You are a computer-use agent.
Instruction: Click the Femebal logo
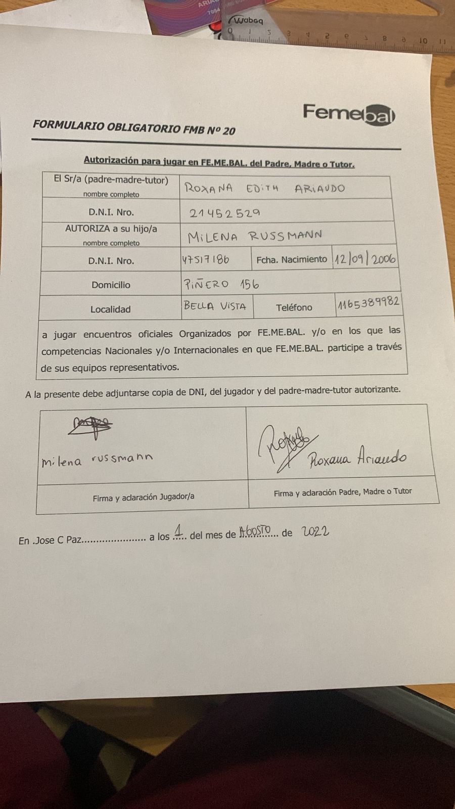point(348,113)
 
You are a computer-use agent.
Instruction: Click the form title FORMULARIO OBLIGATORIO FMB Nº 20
point(134,127)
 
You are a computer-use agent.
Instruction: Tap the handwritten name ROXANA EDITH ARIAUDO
point(264,188)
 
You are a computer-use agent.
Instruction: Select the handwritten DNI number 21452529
point(225,213)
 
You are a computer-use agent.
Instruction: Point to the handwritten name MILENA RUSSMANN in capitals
point(255,236)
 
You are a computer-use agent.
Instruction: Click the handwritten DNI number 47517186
point(206,260)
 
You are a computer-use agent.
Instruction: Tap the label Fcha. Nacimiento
point(292,259)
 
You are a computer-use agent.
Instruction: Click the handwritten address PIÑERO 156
point(221,284)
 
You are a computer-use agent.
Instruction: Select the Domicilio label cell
point(111,285)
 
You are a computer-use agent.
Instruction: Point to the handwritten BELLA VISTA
point(215,306)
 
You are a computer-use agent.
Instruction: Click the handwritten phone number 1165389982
point(369,303)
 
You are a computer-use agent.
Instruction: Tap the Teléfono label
point(294,307)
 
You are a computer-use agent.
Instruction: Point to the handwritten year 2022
point(315,531)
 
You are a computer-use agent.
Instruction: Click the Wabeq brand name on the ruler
point(248,21)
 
